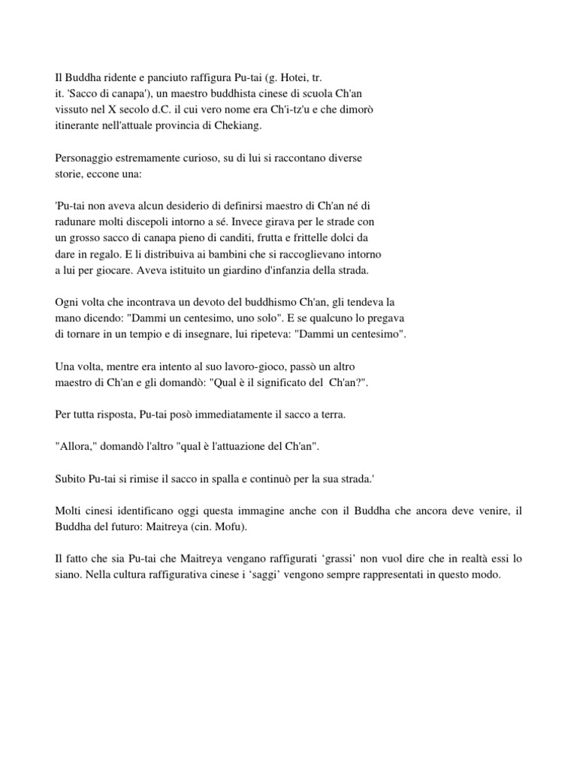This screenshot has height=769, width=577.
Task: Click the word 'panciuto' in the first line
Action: click(x=164, y=77)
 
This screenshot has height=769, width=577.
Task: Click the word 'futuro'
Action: click(x=128, y=527)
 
